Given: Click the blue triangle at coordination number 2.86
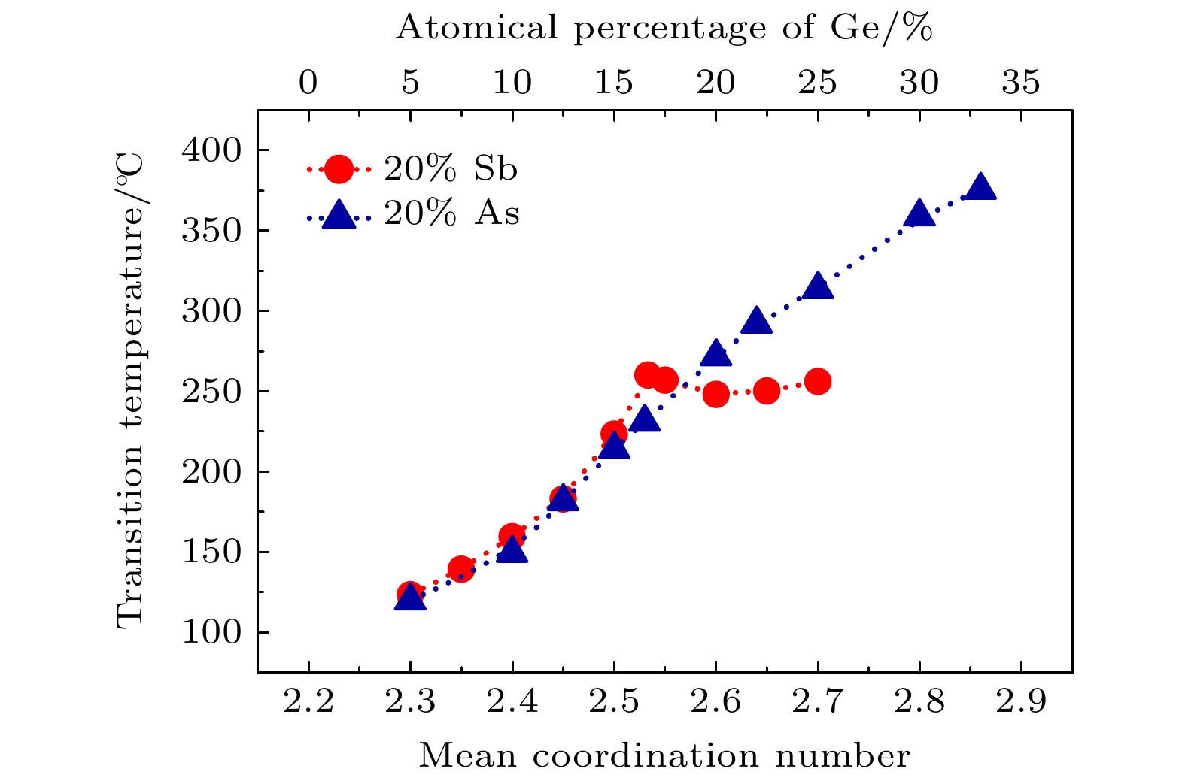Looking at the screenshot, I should (x=980, y=188).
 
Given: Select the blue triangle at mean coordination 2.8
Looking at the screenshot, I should (x=919, y=214).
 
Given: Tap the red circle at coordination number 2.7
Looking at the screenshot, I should (x=817, y=382).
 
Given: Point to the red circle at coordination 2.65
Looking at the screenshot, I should (x=766, y=391).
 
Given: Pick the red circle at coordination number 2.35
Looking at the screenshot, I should (x=460, y=570).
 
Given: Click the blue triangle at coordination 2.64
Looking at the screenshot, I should (x=756, y=322).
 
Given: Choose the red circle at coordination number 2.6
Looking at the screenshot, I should (x=716, y=393).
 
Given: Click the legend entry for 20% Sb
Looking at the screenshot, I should (x=413, y=170).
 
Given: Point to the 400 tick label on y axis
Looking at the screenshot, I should (x=211, y=150).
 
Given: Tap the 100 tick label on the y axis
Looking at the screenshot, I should (x=211, y=632).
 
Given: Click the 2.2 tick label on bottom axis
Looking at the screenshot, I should (x=308, y=702).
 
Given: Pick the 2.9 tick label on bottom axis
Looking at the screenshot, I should (x=1020, y=702).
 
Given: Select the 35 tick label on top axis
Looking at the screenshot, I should (x=1020, y=82).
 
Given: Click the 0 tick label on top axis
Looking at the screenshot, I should (x=308, y=82).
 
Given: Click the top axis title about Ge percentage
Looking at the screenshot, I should (x=664, y=29).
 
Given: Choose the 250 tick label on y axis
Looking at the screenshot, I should (x=211, y=392).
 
